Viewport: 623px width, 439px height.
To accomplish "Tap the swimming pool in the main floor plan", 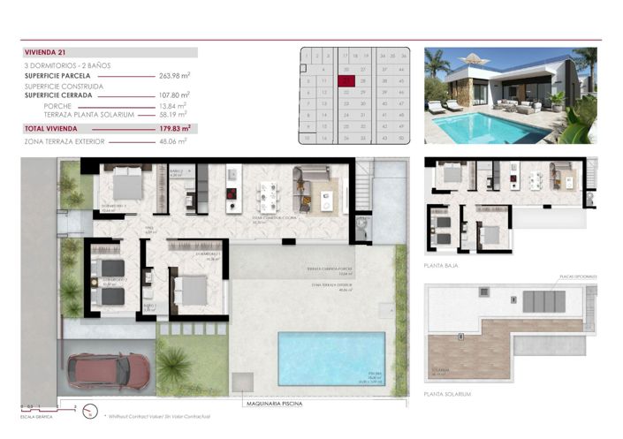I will click(332, 357).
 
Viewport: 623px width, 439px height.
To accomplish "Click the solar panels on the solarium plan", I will click(541, 301).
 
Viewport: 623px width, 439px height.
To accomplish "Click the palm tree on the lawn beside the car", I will click(173, 361).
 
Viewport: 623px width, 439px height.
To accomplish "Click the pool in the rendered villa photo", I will click(499, 128).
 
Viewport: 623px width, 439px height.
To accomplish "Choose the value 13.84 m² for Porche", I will click(174, 106).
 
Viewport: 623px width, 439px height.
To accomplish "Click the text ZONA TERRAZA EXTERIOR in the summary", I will click(65, 140).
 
